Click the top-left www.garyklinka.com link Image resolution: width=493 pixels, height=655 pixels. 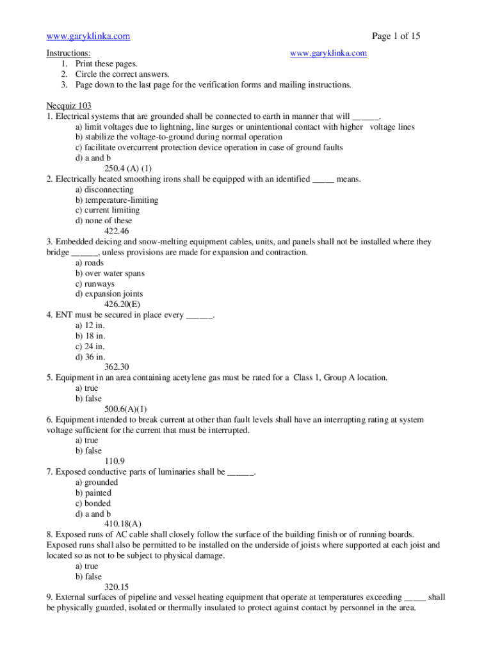pos(88,36)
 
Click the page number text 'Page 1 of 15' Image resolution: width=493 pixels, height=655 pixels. pos(396,36)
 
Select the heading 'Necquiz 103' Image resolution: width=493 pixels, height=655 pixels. pos(69,106)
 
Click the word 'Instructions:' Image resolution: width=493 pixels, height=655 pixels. pos(69,53)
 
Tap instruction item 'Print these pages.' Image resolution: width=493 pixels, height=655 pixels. pos(106,63)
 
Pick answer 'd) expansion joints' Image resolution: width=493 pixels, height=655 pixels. pos(109,294)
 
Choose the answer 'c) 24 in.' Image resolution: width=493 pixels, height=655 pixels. pos(90,346)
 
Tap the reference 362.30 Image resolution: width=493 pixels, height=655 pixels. pos(116,367)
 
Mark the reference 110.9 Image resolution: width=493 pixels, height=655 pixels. pos(114,461)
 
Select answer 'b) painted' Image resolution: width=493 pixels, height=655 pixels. pos(93,493)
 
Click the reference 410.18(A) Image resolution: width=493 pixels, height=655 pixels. pos(122,524)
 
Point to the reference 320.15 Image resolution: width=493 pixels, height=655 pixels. pos(116,587)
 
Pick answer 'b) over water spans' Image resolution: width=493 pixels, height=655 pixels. pos(109,273)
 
